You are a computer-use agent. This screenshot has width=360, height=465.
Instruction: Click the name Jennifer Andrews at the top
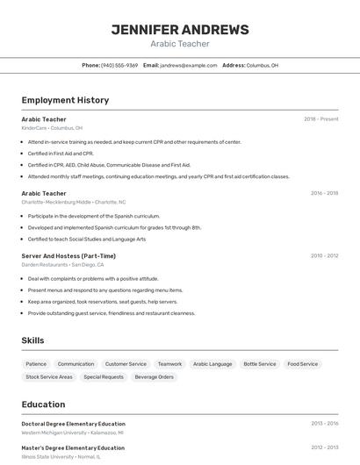pos(180,30)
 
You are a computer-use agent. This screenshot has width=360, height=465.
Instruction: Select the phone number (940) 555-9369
pos(119,65)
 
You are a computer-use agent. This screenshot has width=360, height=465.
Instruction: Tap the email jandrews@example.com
pos(188,65)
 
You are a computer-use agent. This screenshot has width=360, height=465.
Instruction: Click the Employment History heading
pos(65,100)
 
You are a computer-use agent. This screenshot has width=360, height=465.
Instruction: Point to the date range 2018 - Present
pos(320,119)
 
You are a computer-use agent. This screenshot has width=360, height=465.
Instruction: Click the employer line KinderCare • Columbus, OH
pos(52,128)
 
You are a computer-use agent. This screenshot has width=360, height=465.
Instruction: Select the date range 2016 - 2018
pos(324,193)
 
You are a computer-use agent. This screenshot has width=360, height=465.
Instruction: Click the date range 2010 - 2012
pos(324,256)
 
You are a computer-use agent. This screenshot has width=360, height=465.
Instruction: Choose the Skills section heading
pos(32,340)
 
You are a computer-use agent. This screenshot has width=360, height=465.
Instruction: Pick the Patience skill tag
pos(36,363)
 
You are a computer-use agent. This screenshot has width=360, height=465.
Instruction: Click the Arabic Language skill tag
pos(212,363)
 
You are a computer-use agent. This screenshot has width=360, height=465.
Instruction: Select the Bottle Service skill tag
pos(260,363)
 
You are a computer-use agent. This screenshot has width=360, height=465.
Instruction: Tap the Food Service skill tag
pos(303,363)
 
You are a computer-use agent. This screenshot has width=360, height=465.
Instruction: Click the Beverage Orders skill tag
pos(154,376)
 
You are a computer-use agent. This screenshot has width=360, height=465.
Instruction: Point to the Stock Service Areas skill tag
pos(49,376)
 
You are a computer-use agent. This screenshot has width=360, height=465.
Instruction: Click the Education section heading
pos(43,404)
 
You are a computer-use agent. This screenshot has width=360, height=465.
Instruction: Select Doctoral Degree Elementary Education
pos(73,424)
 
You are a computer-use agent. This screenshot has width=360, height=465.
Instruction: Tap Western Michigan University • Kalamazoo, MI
pos(72,433)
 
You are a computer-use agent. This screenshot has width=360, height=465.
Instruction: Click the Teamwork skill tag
pos(169,363)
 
